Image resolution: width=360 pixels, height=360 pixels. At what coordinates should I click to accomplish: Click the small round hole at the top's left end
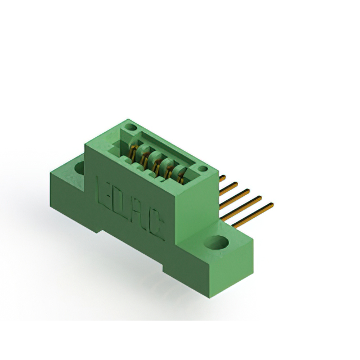click(x=130, y=127)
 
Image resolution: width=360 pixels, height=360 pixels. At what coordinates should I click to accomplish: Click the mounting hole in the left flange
click(x=79, y=167)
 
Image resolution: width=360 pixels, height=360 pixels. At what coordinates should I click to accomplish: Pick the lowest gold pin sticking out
click(x=253, y=215)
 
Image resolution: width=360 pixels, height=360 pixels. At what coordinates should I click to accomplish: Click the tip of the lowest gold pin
click(x=272, y=205)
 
